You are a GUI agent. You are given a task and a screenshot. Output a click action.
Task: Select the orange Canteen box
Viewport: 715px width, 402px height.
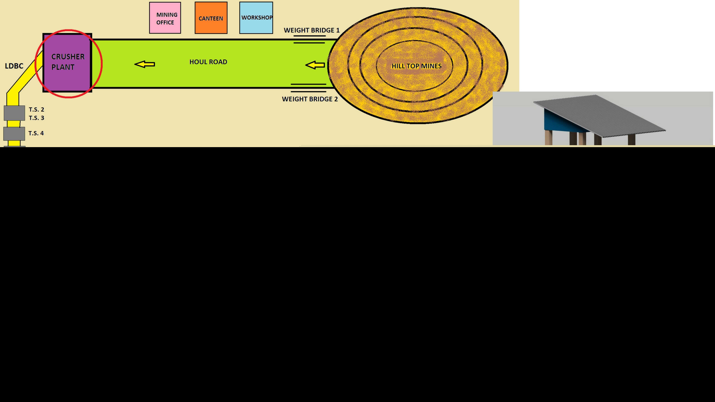click(x=211, y=18)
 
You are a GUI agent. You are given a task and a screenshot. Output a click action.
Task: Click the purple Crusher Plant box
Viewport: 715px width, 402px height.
click(x=67, y=63)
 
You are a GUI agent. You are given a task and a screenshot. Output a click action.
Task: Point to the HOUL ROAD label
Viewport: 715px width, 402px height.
click(x=208, y=62)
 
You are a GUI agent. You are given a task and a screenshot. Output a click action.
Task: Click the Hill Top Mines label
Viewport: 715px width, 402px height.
click(x=416, y=66)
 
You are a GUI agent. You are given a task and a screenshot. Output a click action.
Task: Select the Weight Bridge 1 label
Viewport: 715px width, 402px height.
click(x=311, y=30)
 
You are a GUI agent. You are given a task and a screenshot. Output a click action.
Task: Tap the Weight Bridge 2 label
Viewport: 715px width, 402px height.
click(x=310, y=99)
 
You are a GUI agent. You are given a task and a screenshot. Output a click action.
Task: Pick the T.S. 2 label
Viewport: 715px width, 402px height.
click(x=36, y=110)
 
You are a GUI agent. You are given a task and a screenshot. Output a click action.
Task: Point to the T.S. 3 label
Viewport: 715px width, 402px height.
click(x=36, y=118)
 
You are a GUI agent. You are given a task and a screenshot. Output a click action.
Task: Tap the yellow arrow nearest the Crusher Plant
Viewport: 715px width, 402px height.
click(x=145, y=64)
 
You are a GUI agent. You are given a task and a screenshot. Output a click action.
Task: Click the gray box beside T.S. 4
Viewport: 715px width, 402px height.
click(x=14, y=134)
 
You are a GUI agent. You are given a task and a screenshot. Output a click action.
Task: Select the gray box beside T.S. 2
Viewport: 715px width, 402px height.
click(x=14, y=113)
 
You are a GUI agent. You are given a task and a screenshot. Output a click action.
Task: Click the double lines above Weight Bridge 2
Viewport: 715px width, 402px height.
click(x=308, y=88)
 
